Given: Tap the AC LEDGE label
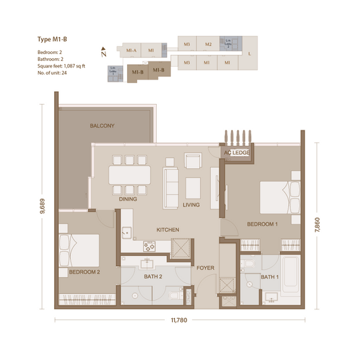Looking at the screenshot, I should point(237,153).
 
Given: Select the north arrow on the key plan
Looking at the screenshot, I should point(103,51).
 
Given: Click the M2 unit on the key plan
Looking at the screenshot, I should point(209,45).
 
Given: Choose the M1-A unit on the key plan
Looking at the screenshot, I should point(131,50).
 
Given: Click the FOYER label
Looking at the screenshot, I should point(205,268).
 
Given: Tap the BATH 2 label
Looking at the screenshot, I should point(153,277).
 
